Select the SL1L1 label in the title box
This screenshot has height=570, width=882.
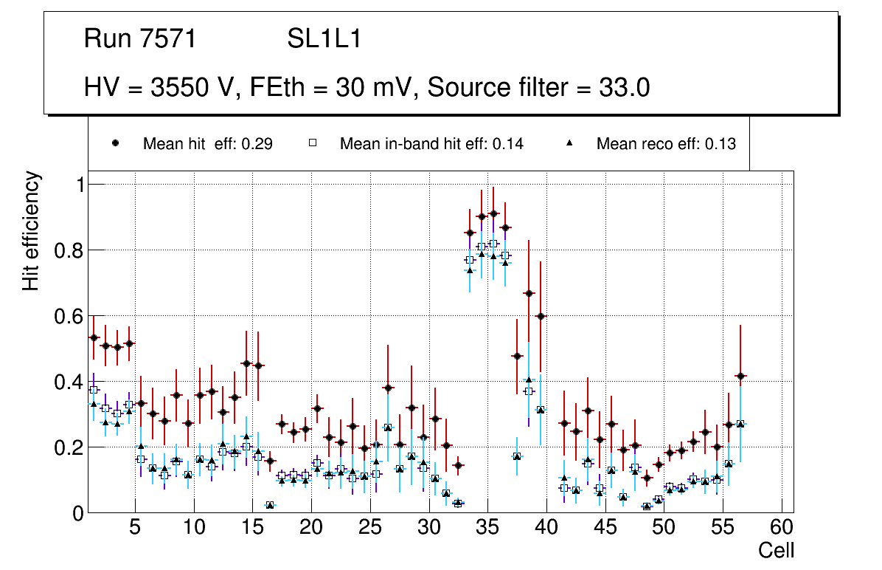click(324, 38)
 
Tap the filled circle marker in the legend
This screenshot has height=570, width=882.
click(115, 143)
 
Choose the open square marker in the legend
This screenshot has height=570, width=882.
click(312, 143)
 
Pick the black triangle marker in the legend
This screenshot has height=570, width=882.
click(569, 143)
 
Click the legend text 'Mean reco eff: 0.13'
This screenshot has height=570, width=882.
click(666, 144)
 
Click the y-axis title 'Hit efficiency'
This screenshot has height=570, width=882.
click(31, 230)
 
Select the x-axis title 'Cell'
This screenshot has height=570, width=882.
click(777, 550)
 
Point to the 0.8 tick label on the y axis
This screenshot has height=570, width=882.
click(69, 250)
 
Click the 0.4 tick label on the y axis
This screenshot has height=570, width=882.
click(69, 382)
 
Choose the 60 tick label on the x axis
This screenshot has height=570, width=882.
click(782, 528)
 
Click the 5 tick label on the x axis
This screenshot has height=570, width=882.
click(135, 528)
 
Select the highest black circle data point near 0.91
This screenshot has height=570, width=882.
click(493, 213)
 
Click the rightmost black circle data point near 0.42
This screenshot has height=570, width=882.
click(740, 377)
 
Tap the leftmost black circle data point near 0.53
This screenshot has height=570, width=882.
click(94, 337)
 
